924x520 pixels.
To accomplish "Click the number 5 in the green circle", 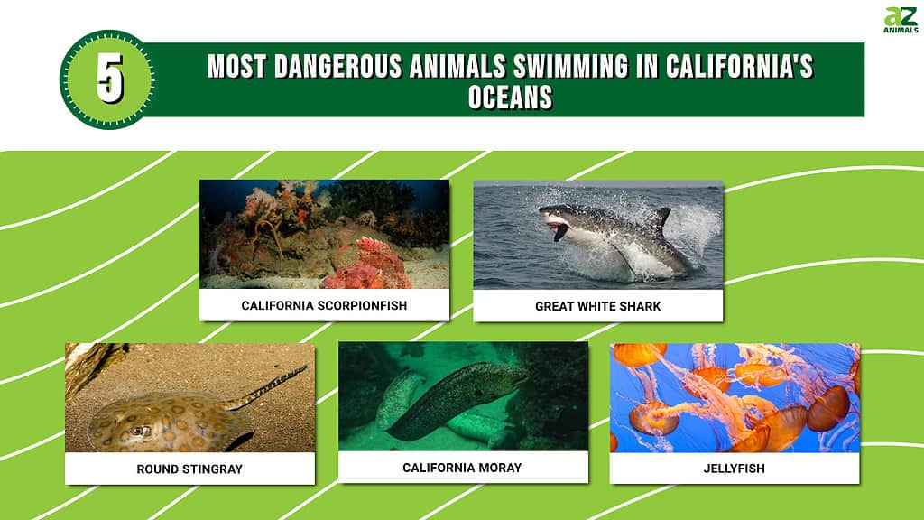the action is (x=110, y=78).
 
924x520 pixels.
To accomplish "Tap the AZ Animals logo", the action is (x=901, y=20).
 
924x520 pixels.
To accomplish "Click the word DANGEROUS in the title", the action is (x=338, y=66).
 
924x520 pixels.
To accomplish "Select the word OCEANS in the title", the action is (x=511, y=97).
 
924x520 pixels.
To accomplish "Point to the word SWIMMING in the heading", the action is (x=570, y=66).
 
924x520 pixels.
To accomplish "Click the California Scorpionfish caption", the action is (x=324, y=305).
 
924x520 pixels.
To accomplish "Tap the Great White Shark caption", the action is (x=597, y=306).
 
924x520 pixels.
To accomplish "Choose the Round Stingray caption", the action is (x=189, y=469).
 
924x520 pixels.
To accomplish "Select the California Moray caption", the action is (x=462, y=468).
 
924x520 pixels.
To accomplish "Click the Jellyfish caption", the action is (x=735, y=469).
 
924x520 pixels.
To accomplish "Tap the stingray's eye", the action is (x=140, y=431).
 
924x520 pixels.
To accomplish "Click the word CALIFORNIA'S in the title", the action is (x=740, y=66).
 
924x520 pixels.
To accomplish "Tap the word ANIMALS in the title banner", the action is (x=457, y=66).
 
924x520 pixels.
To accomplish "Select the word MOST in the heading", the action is (x=237, y=66).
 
